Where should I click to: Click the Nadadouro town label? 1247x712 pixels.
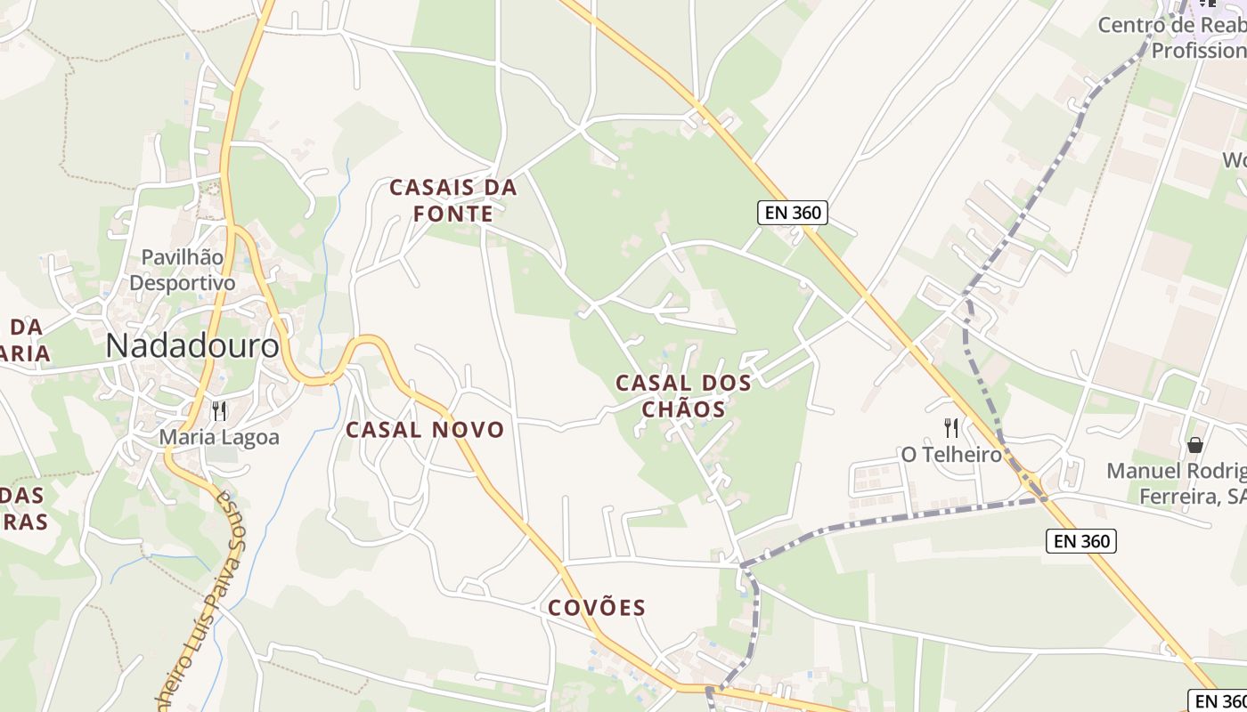click(x=192, y=346)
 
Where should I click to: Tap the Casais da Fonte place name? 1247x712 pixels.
click(x=453, y=200)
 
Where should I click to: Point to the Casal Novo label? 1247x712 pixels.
click(x=425, y=430)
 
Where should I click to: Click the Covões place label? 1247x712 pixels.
click(x=597, y=608)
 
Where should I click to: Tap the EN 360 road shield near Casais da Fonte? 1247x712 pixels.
click(x=793, y=213)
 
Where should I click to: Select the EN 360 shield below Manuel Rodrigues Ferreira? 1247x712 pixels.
click(x=1080, y=541)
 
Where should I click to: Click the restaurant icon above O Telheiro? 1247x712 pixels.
click(x=951, y=428)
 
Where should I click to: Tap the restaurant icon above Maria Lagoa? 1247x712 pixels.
click(x=219, y=411)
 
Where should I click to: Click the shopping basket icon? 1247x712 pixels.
click(x=1195, y=444)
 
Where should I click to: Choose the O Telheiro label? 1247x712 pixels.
click(x=951, y=455)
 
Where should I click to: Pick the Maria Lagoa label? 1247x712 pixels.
click(x=219, y=438)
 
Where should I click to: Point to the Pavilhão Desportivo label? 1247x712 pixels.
click(x=183, y=270)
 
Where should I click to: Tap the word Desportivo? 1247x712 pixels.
click(x=183, y=283)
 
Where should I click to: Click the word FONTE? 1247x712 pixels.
click(x=453, y=214)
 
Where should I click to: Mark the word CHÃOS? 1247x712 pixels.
click(x=683, y=409)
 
